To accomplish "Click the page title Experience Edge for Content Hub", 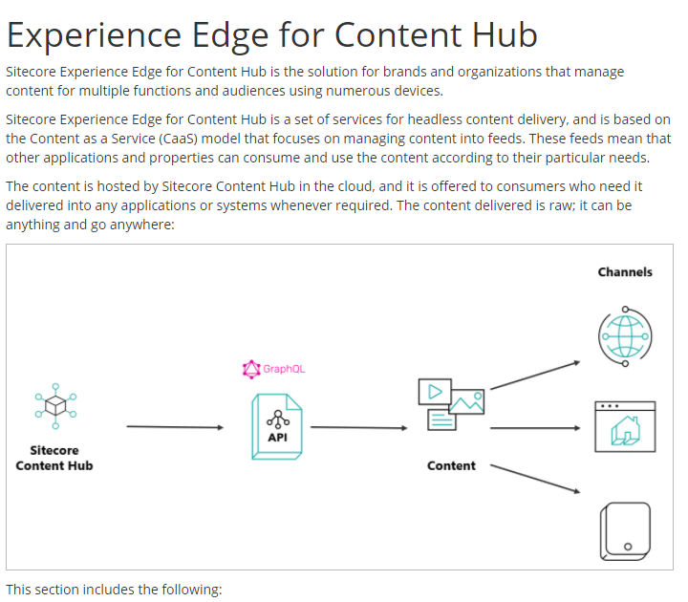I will tap(271, 34).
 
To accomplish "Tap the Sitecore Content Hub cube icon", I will tap(54, 405).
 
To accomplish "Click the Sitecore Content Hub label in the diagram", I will tap(54, 458).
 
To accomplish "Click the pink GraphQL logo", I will tap(274, 368).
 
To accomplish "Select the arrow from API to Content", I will tap(359, 427).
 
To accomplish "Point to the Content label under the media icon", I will tap(451, 466).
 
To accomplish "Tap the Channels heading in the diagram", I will tap(625, 272).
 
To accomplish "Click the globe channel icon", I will tap(624, 336).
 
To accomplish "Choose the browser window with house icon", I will tap(625, 426).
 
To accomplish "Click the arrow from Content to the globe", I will tap(535, 376).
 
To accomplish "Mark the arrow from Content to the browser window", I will tap(535, 428).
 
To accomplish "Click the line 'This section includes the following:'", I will tap(114, 590).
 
